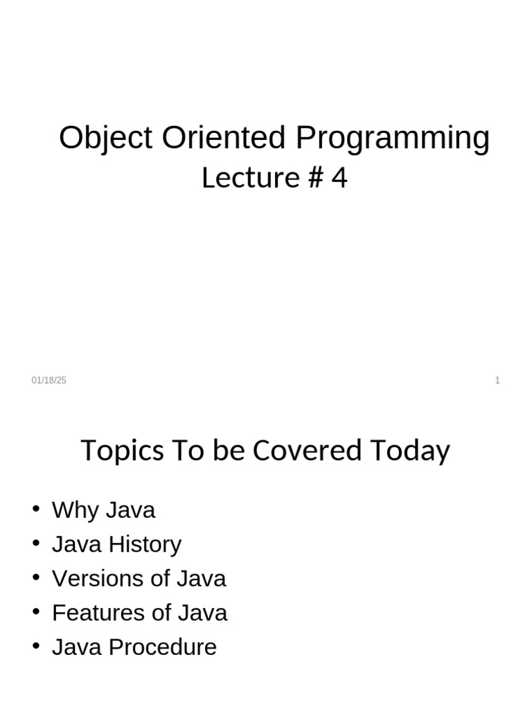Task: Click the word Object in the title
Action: (105, 138)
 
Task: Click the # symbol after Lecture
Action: (314, 179)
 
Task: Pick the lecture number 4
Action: (339, 179)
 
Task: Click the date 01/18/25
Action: (49, 380)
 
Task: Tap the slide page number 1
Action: (497, 380)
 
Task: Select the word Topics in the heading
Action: (122, 451)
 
